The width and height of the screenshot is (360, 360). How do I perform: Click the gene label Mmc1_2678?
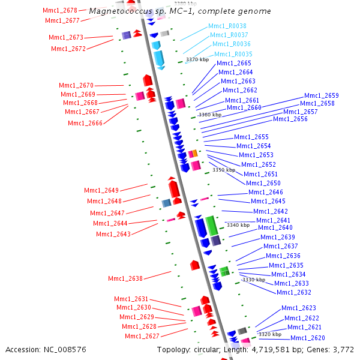(60, 10)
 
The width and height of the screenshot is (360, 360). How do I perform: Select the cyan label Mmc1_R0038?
(227, 26)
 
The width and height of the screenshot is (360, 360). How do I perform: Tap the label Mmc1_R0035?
(233, 54)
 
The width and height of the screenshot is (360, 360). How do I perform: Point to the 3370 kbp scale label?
(197, 59)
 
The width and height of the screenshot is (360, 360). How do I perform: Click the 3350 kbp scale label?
(224, 170)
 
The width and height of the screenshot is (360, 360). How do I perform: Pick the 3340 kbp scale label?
(238, 225)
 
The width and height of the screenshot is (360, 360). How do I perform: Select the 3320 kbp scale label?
(269, 334)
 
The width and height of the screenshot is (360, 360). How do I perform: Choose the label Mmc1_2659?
(321, 95)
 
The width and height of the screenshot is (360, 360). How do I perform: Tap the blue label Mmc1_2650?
(263, 183)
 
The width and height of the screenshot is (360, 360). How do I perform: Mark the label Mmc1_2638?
(125, 278)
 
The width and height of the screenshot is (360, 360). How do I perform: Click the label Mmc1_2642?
(270, 211)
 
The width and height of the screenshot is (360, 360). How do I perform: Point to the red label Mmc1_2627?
(142, 336)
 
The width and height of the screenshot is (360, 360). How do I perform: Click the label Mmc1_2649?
(102, 190)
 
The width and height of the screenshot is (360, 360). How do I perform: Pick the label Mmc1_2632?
(293, 292)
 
